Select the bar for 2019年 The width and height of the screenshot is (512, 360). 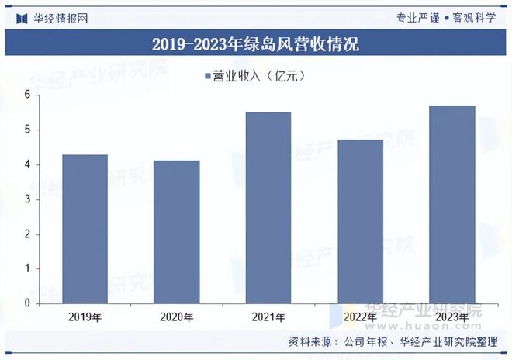(85, 229)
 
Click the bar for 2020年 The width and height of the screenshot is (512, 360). (177, 232)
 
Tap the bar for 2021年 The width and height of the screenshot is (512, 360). (268, 208)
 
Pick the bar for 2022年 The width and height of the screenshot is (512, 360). (360, 222)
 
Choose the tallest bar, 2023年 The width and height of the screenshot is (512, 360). (452, 205)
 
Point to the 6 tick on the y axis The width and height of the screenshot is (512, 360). (27, 95)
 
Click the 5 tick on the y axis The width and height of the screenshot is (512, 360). (27, 130)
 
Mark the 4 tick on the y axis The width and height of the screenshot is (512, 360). (27, 164)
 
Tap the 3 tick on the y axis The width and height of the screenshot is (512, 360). (27, 199)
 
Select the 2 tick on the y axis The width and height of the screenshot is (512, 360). (27, 234)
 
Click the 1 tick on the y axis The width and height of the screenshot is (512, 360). (27, 269)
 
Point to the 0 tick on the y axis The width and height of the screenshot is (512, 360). (27, 303)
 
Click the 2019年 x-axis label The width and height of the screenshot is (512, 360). (85, 317)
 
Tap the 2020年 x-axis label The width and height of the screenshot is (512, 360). (177, 317)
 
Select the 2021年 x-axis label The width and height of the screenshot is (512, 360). (268, 317)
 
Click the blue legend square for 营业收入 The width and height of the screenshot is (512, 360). (207, 76)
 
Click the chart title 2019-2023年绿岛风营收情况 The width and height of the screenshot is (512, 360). (255, 43)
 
